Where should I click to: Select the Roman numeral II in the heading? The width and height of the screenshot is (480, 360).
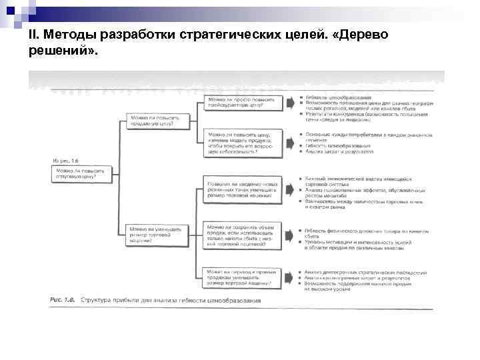33,35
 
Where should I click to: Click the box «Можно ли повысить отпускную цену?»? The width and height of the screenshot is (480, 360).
79,175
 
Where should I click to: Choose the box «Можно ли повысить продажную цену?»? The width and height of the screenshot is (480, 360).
158,121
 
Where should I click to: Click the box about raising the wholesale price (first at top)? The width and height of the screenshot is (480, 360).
243,102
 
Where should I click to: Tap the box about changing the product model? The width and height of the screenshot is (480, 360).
243,142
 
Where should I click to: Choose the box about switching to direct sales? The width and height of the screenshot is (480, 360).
243,277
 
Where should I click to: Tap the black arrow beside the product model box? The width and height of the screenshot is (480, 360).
291,142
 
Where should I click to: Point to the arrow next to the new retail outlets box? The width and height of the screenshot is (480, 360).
291,188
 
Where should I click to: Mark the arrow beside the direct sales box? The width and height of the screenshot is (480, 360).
291,277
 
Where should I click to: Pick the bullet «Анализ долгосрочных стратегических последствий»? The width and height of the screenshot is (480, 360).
365,272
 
